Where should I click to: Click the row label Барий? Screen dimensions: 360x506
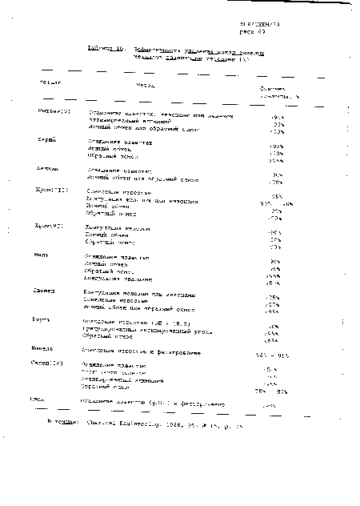point(46,139)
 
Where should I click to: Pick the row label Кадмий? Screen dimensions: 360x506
point(47,169)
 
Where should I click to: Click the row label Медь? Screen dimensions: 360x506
point(44,258)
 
